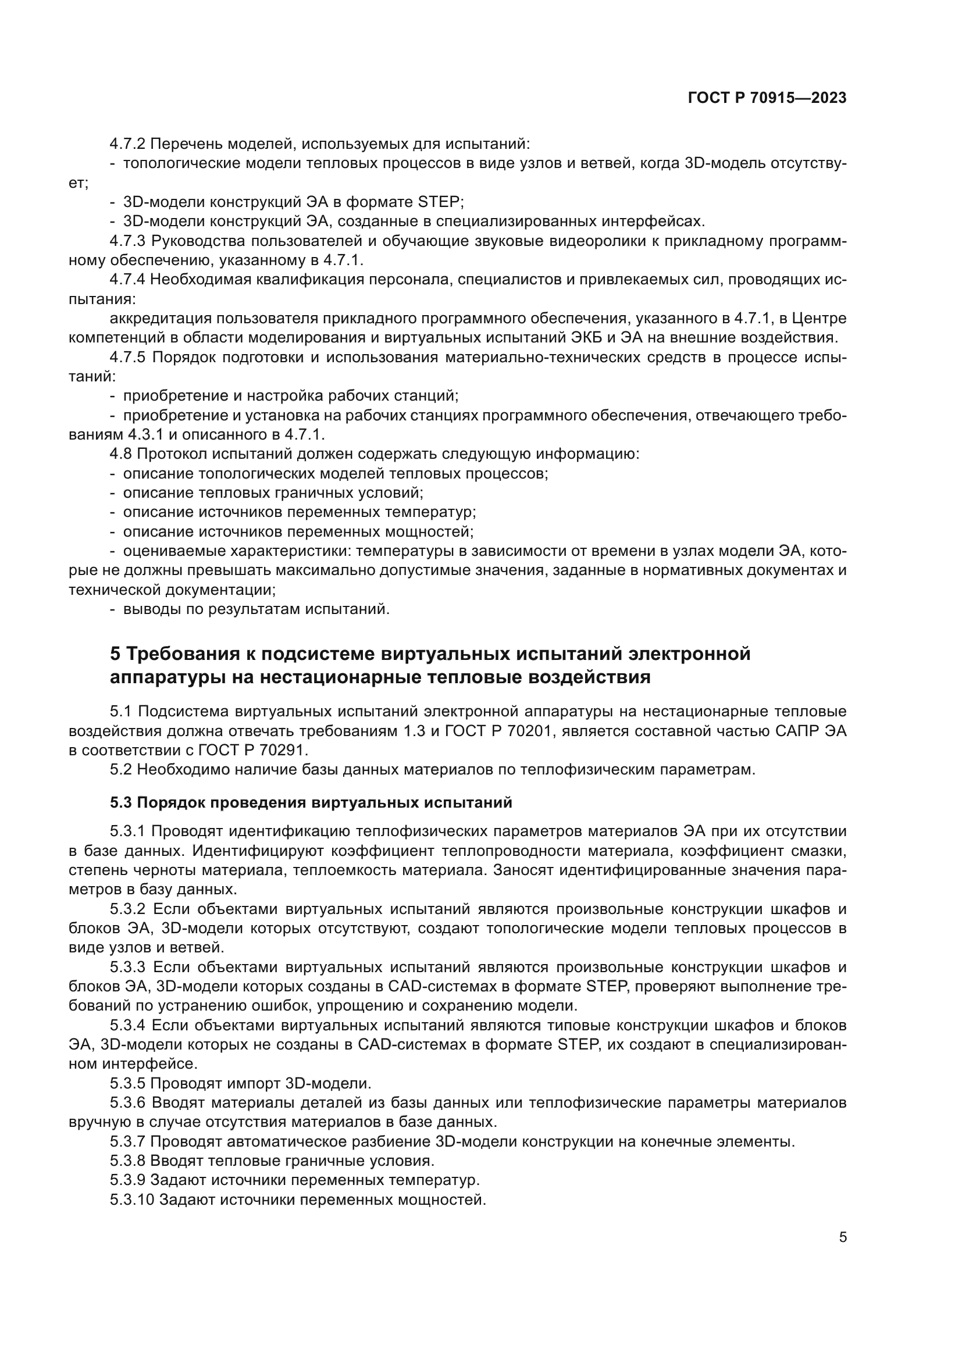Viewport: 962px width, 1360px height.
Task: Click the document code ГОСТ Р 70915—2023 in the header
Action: [x=767, y=98]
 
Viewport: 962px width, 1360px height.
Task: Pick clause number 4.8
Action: [x=121, y=454]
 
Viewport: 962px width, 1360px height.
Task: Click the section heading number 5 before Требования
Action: [x=116, y=654]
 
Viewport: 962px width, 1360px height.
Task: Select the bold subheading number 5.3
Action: [x=121, y=802]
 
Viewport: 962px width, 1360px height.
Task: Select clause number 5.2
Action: [x=121, y=770]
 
